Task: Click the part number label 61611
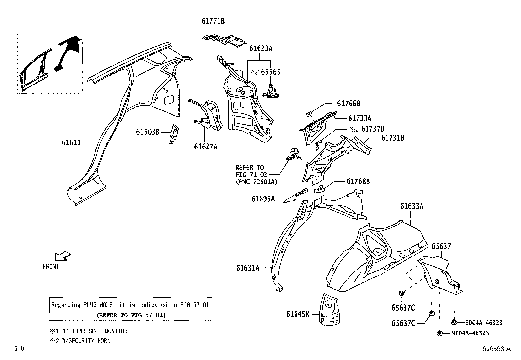tap(71, 143)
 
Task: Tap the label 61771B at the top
tap(213, 21)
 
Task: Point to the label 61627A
tap(206, 147)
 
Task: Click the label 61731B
tap(392, 138)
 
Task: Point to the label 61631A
tap(247, 268)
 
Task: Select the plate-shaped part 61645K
tap(330, 310)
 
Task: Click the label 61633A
tap(412, 206)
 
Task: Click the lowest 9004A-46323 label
tap(470, 333)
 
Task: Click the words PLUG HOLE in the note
tap(97, 305)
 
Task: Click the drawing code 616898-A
tap(496, 349)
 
